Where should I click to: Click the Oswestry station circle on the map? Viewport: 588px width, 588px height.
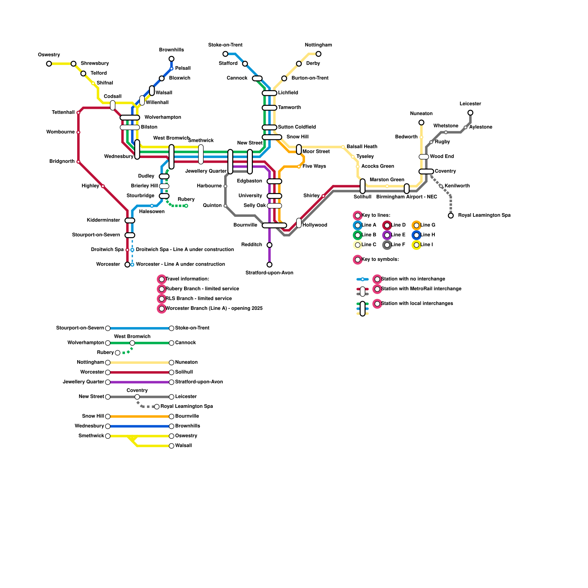tap(49, 64)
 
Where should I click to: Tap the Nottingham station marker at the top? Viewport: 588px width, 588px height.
tap(318, 54)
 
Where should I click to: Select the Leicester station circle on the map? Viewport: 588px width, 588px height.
tap(470, 113)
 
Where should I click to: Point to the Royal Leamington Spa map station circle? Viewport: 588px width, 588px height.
tap(451, 216)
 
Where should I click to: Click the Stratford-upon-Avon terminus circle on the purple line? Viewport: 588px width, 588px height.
tap(269, 265)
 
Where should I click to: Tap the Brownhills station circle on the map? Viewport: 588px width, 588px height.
tap(171, 59)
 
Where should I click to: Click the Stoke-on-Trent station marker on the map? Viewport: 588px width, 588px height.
tap(225, 54)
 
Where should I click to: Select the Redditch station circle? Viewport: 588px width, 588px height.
tap(269, 245)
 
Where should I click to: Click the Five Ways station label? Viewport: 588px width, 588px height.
tap(314, 166)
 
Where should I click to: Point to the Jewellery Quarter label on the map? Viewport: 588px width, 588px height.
tap(206, 171)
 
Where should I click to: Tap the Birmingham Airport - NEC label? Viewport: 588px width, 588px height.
tap(406, 197)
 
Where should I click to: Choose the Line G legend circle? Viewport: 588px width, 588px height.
tap(416, 225)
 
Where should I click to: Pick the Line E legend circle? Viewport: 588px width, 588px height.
tap(387, 235)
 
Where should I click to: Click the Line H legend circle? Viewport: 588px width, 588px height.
tap(416, 235)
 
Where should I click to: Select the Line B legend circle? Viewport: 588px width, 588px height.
tap(357, 235)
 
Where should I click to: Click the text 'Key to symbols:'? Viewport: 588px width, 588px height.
tap(380, 259)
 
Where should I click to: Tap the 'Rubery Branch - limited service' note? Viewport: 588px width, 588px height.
tap(202, 289)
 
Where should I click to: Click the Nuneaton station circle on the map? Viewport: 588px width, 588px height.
tap(421, 122)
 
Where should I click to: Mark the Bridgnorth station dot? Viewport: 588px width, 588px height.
tap(78, 162)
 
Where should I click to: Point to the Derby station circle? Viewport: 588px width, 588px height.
tap(299, 64)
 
